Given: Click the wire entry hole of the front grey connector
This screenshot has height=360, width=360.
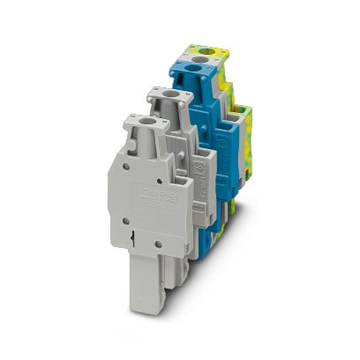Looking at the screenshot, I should (147, 121).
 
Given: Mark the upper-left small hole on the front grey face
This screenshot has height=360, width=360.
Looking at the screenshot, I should (126, 166).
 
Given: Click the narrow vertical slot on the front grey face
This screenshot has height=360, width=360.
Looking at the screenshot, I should (134, 238).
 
